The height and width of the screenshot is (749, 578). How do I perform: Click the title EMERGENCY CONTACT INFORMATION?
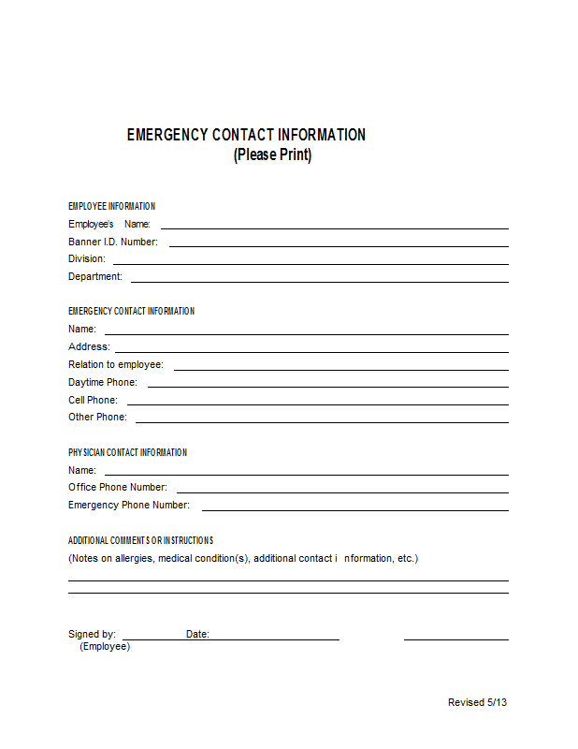[246, 135]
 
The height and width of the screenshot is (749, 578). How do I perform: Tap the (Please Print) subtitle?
[272, 154]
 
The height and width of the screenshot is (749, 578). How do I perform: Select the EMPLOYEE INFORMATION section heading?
[111, 206]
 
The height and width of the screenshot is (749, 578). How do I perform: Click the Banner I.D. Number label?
[112, 242]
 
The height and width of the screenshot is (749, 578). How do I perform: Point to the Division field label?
[86, 258]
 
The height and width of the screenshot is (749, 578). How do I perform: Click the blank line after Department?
[319, 281]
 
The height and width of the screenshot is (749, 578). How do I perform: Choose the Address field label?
[89, 346]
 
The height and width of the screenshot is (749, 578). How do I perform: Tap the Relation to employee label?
[115, 364]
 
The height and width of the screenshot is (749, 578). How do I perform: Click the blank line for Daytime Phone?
[327, 386]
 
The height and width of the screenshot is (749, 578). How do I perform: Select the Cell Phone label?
[93, 400]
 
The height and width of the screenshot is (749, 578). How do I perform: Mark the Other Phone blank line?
[321, 421]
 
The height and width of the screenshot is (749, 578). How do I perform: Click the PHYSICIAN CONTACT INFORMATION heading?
[127, 452]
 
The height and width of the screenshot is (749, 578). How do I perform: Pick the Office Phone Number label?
[118, 487]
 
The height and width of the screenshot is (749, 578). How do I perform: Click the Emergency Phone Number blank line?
[354, 509]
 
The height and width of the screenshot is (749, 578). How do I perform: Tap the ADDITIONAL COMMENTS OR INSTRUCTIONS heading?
[140, 540]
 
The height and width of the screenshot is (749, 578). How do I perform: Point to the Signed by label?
[92, 634]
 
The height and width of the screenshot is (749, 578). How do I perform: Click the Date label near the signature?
[197, 634]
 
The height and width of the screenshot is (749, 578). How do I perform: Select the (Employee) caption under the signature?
[105, 646]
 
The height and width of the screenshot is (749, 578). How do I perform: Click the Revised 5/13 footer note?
[477, 702]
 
